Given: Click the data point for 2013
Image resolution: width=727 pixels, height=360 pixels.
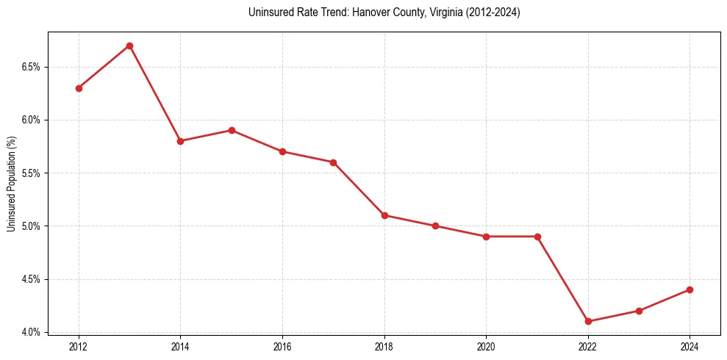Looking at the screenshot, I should [x=129, y=46].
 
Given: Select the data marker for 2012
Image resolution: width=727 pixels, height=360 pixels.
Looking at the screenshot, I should [x=79, y=88].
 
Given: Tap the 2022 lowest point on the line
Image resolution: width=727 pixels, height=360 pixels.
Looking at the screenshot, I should [x=588, y=321].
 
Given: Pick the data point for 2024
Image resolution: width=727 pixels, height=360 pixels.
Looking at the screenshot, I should [x=690, y=289].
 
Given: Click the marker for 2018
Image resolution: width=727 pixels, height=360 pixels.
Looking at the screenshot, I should [x=384, y=215].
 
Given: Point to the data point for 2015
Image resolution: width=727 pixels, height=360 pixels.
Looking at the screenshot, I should [x=232, y=130].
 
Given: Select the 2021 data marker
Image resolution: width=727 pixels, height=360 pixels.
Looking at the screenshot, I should [x=537, y=237].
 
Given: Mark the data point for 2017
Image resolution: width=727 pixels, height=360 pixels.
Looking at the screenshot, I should [x=333, y=162].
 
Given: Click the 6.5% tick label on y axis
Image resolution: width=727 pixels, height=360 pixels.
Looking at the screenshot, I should [x=31, y=67].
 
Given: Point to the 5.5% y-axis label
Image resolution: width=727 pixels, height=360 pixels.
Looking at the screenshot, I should [x=31, y=173].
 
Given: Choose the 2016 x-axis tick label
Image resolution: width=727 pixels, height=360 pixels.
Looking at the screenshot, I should [x=282, y=346].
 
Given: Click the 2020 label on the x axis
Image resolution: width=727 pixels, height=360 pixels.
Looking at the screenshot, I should [x=486, y=346].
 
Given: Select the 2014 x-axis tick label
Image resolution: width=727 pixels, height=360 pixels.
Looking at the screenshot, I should [x=180, y=346].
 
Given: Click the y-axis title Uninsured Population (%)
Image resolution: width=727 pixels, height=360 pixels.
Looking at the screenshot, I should [x=11, y=184].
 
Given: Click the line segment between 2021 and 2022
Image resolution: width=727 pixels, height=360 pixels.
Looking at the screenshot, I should [x=562, y=278].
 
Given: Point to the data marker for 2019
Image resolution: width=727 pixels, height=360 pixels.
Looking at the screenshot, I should [x=435, y=226].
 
